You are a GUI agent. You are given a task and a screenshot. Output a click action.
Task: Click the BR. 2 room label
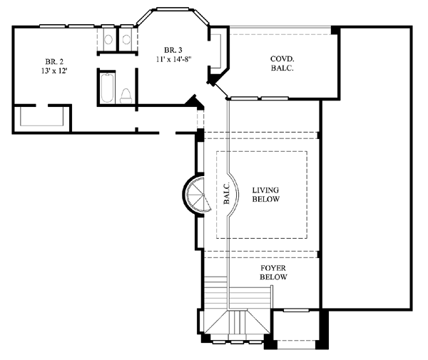point(54,61)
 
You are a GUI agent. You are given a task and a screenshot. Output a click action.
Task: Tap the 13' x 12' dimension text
point(54,71)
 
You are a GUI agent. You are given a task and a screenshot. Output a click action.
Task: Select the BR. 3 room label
point(173,50)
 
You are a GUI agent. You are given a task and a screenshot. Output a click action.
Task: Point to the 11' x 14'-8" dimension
point(173,59)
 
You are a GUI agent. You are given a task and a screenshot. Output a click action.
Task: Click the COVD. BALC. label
point(282,63)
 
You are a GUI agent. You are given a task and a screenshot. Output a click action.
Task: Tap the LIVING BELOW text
point(265,195)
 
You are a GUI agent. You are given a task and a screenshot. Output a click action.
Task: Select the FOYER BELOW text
point(273,272)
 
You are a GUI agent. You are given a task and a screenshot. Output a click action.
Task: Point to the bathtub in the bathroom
point(107,88)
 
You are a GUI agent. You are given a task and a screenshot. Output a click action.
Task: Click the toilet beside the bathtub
point(126,96)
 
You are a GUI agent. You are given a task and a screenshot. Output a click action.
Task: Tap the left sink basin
point(108,39)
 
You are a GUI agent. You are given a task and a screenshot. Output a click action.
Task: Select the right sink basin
point(126,39)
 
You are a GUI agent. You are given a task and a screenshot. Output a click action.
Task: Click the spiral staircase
point(197,195)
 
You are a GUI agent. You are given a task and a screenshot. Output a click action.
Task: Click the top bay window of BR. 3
point(173,9)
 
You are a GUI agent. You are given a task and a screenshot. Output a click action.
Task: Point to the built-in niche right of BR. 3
point(218,51)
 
